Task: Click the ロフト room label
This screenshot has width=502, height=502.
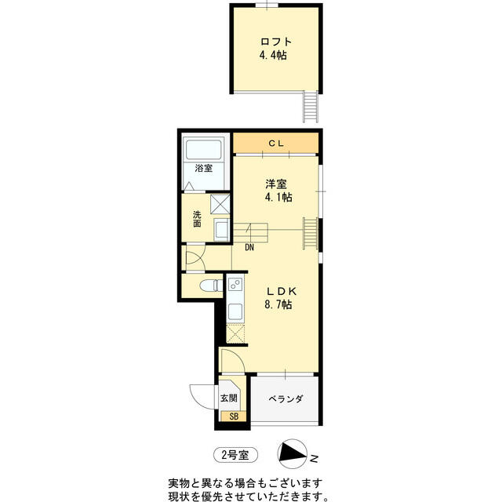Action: click(276, 42)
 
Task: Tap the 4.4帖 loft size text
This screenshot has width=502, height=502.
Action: click(273, 56)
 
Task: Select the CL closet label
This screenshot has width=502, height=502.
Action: click(276, 144)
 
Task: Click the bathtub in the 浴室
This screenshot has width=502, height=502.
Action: click(203, 148)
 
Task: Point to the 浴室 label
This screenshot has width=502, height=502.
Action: click(204, 168)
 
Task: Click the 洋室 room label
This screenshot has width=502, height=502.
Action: click(275, 184)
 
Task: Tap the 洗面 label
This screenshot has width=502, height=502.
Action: click(197, 219)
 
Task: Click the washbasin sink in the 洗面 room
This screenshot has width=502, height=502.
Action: click(221, 230)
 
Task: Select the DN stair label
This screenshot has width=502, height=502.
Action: click(249, 248)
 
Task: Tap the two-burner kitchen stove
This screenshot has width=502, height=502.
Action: click(235, 284)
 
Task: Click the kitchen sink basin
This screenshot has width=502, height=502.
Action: click(235, 311)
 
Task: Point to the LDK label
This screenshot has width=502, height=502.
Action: click(282, 291)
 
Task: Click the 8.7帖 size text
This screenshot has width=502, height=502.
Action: click(278, 304)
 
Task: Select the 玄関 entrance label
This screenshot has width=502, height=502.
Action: click(229, 398)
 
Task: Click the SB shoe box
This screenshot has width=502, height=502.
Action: click(234, 417)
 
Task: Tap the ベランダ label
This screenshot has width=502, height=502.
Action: click(286, 399)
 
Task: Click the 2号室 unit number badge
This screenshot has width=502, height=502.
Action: click(235, 455)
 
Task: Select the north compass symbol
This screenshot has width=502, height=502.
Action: click(293, 454)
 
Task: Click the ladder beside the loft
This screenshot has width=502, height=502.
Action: click(311, 107)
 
